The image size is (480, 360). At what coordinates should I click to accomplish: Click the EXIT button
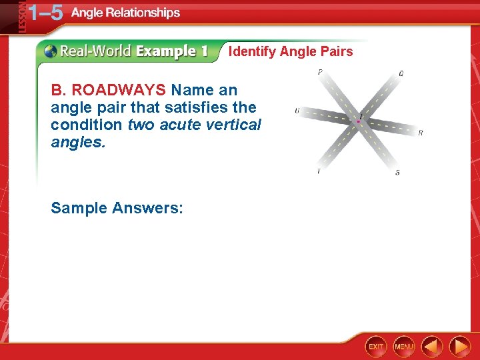376,346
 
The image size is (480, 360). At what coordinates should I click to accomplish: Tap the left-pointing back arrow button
432,346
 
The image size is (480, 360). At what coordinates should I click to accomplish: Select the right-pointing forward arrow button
459,346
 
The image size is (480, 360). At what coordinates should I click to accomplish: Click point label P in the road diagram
320,72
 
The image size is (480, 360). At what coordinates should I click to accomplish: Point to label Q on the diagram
401,74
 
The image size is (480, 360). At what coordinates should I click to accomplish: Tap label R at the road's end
420,133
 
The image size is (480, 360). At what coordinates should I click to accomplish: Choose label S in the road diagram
398,173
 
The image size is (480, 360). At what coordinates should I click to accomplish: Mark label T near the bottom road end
318,172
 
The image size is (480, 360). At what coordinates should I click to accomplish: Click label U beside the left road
297,111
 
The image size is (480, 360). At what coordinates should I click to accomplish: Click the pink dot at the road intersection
359,121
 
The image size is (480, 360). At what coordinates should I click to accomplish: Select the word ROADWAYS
118,90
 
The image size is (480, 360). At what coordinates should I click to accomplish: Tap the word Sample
79,208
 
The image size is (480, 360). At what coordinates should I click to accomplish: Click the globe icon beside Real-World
50,51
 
